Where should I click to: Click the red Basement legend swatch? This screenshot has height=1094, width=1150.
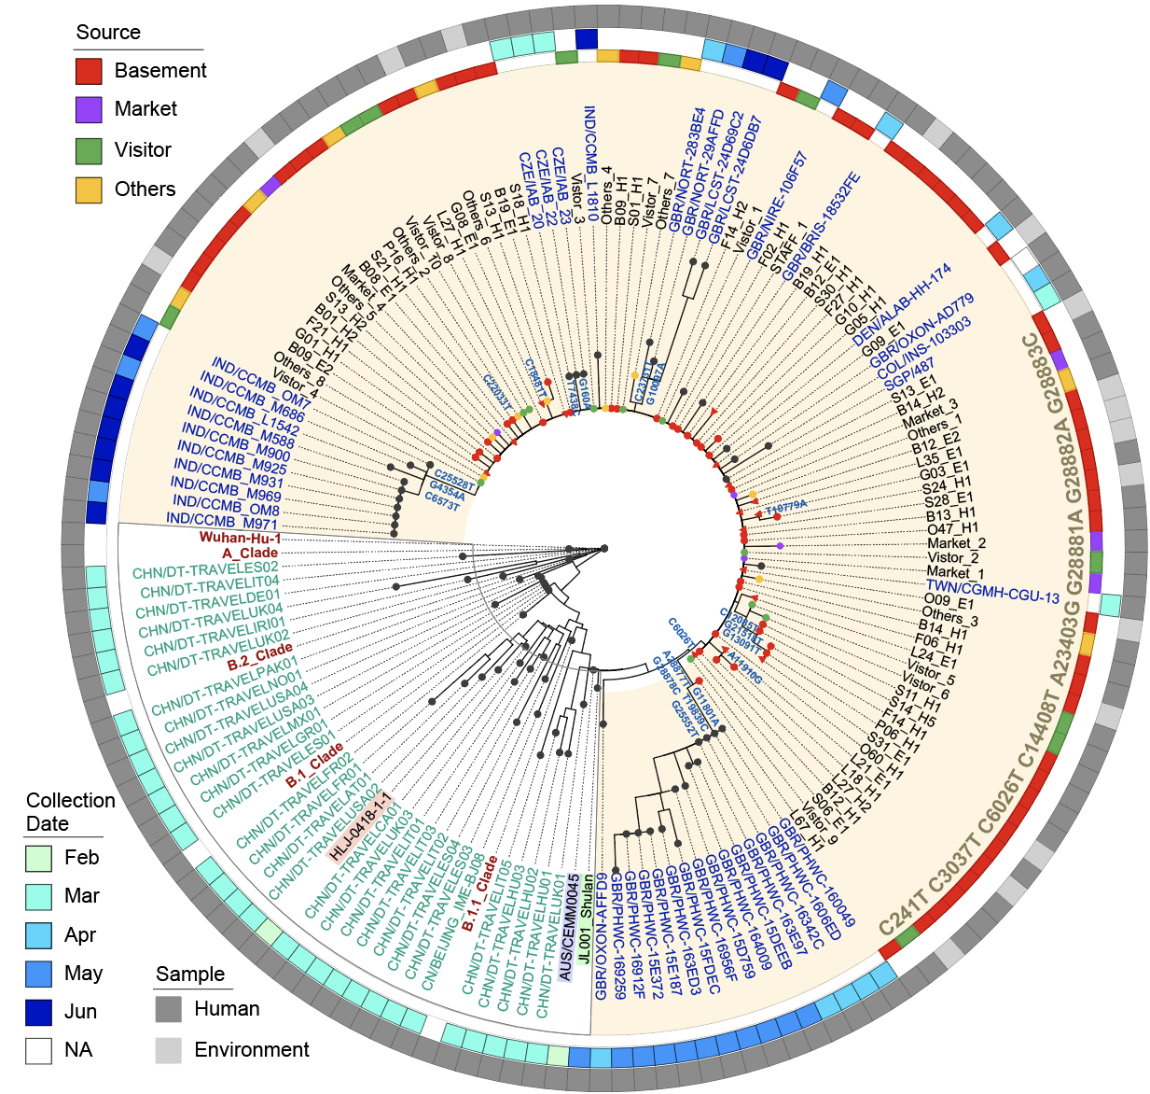[x=89, y=71]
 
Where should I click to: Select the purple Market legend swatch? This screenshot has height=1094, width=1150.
[x=89, y=109]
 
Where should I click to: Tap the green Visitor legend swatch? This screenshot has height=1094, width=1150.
[x=89, y=150]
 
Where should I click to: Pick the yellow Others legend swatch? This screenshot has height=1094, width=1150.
[x=89, y=189]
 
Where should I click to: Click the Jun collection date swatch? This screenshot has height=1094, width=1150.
[x=39, y=1012]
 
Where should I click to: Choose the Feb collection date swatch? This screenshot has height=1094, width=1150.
[x=39, y=858]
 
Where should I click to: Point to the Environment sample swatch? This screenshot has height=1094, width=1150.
[x=169, y=1050]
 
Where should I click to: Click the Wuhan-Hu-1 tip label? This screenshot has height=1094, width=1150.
[x=240, y=538]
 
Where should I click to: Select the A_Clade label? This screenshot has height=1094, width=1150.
[x=250, y=553]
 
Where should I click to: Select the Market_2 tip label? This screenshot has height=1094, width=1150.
[x=956, y=543]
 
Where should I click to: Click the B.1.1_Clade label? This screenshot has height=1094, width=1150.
[x=478, y=894]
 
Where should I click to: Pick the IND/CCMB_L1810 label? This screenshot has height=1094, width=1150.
[x=589, y=156]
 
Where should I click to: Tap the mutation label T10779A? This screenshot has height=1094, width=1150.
[x=785, y=506]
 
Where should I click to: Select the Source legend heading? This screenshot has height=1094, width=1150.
[x=108, y=33]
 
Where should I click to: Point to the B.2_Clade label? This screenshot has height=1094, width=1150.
[x=259, y=657]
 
